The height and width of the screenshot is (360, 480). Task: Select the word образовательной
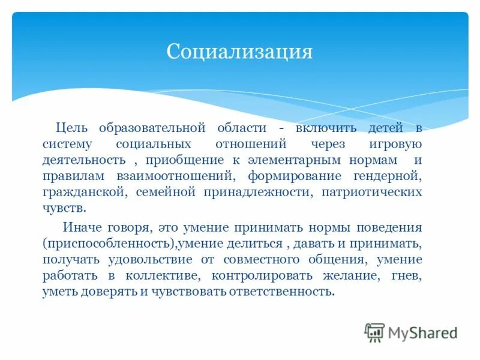pos(149,128)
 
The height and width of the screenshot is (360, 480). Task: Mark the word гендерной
pos(388,176)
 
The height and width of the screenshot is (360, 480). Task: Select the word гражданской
pos(83,192)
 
